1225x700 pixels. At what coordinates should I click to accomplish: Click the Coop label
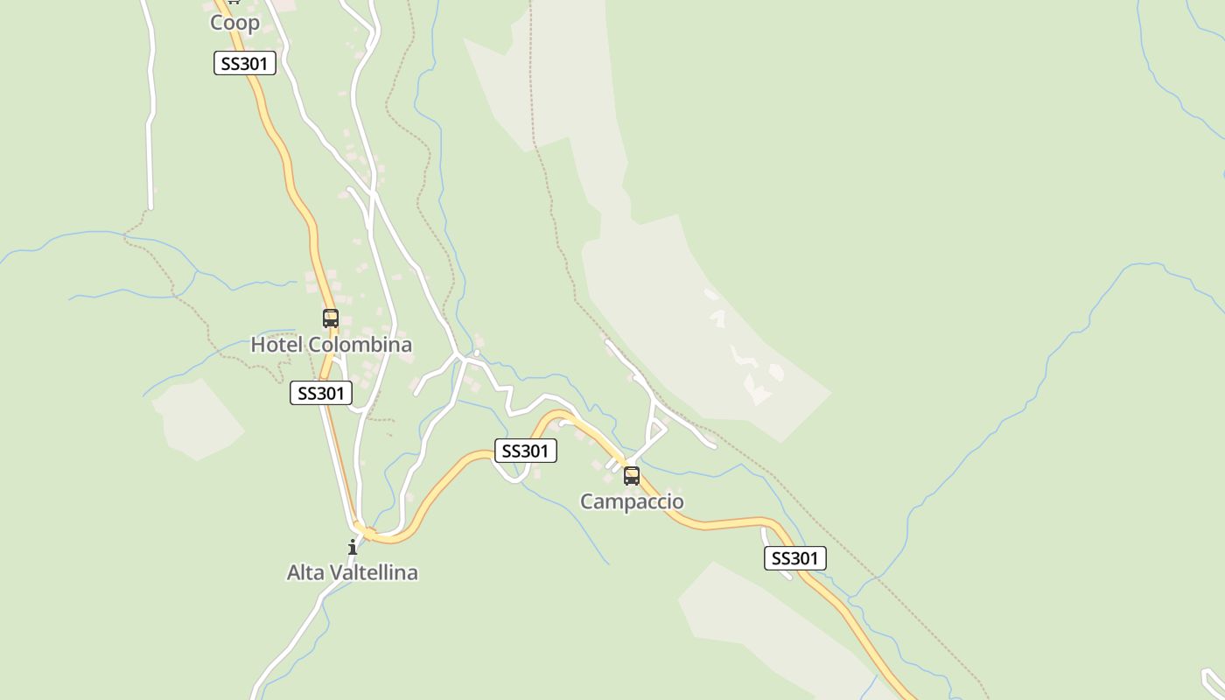[x=234, y=23]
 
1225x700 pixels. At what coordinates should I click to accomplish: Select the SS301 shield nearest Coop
[x=245, y=63]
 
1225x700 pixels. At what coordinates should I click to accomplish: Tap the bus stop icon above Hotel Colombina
[x=331, y=318]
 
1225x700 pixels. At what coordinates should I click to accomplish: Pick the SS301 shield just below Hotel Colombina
[x=321, y=393]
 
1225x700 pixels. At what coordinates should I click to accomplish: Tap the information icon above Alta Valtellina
[x=353, y=548]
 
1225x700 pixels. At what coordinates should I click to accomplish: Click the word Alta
[x=305, y=572]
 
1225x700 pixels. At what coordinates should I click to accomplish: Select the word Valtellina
[x=374, y=572]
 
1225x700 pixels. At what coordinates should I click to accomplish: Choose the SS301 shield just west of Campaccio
[x=526, y=451]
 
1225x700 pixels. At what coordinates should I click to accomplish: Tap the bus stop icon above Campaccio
[x=632, y=476]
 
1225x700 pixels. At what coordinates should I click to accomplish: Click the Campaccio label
[x=632, y=501]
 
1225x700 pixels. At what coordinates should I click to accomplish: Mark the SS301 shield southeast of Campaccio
[x=795, y=558]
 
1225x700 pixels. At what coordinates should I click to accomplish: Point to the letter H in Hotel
[x=258, y=345]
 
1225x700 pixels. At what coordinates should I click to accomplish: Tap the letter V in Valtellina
[x=337, y=572]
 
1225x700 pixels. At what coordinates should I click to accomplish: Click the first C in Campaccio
[x=587, y=501]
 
